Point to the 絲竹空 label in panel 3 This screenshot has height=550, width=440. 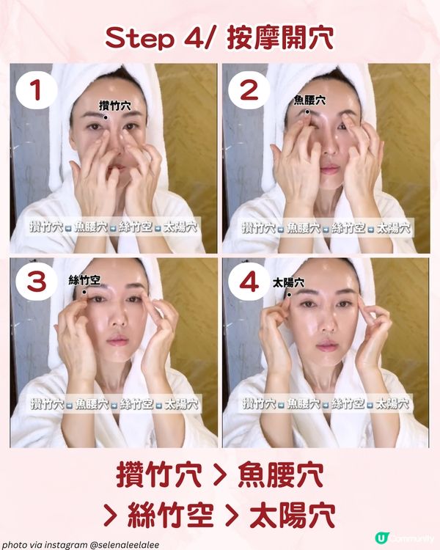pos(84,280)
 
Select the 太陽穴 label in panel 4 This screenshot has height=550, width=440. pos(288,282)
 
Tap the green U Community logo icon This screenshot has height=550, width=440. pos(381,538)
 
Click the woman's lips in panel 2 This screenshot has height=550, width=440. pos(329,169)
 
